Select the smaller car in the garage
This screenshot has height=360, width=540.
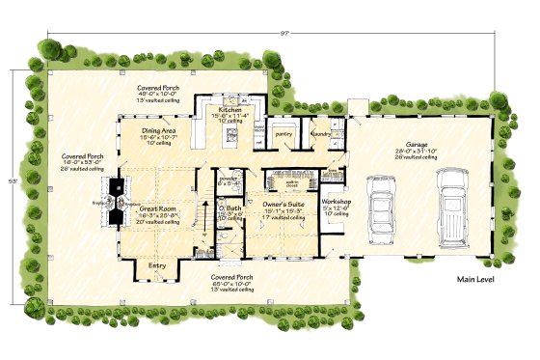point(383,208)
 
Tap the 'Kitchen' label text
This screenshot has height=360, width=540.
point(229,110)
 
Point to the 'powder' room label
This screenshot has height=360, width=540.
point(229,177)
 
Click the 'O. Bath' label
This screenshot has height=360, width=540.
point(228,207)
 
